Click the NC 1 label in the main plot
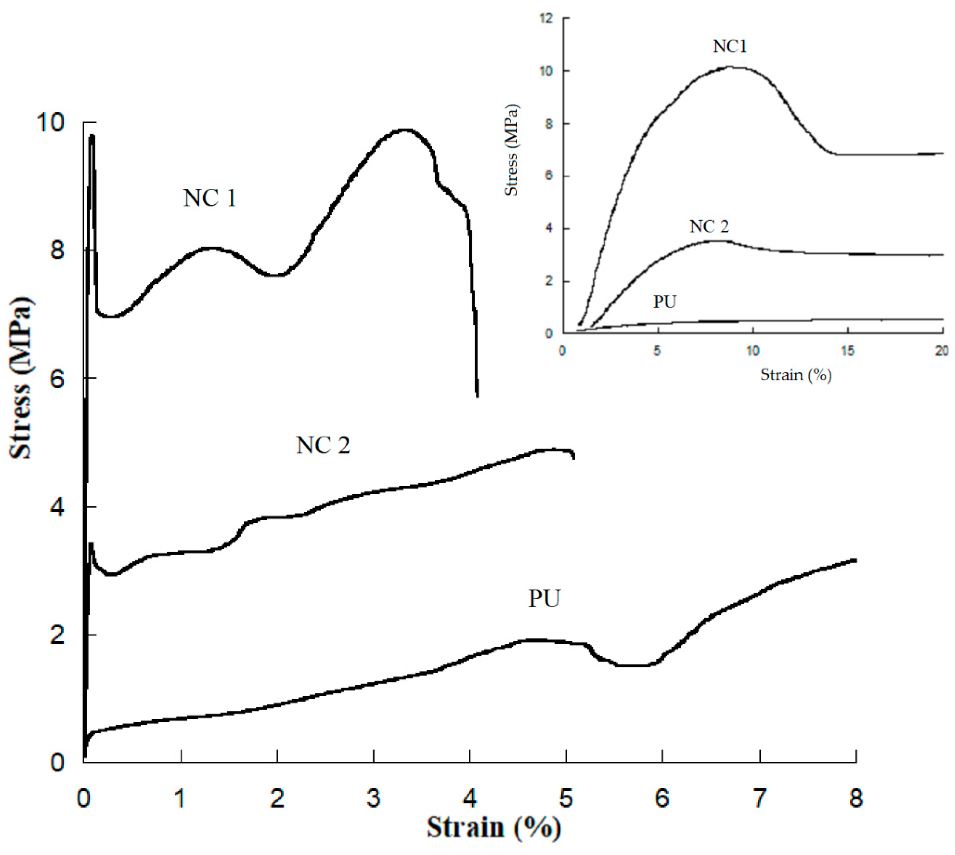tap(210, 198)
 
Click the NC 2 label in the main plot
tap(323, 445)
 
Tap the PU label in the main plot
tap(544, 599)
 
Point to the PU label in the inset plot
tap(664, 302)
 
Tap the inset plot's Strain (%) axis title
tap(796, 375)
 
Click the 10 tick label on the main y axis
tap(50, 123)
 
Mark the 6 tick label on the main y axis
tap(56, 379)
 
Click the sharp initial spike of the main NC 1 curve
tap(92, 136)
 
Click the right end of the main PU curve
tap(855, 560)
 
